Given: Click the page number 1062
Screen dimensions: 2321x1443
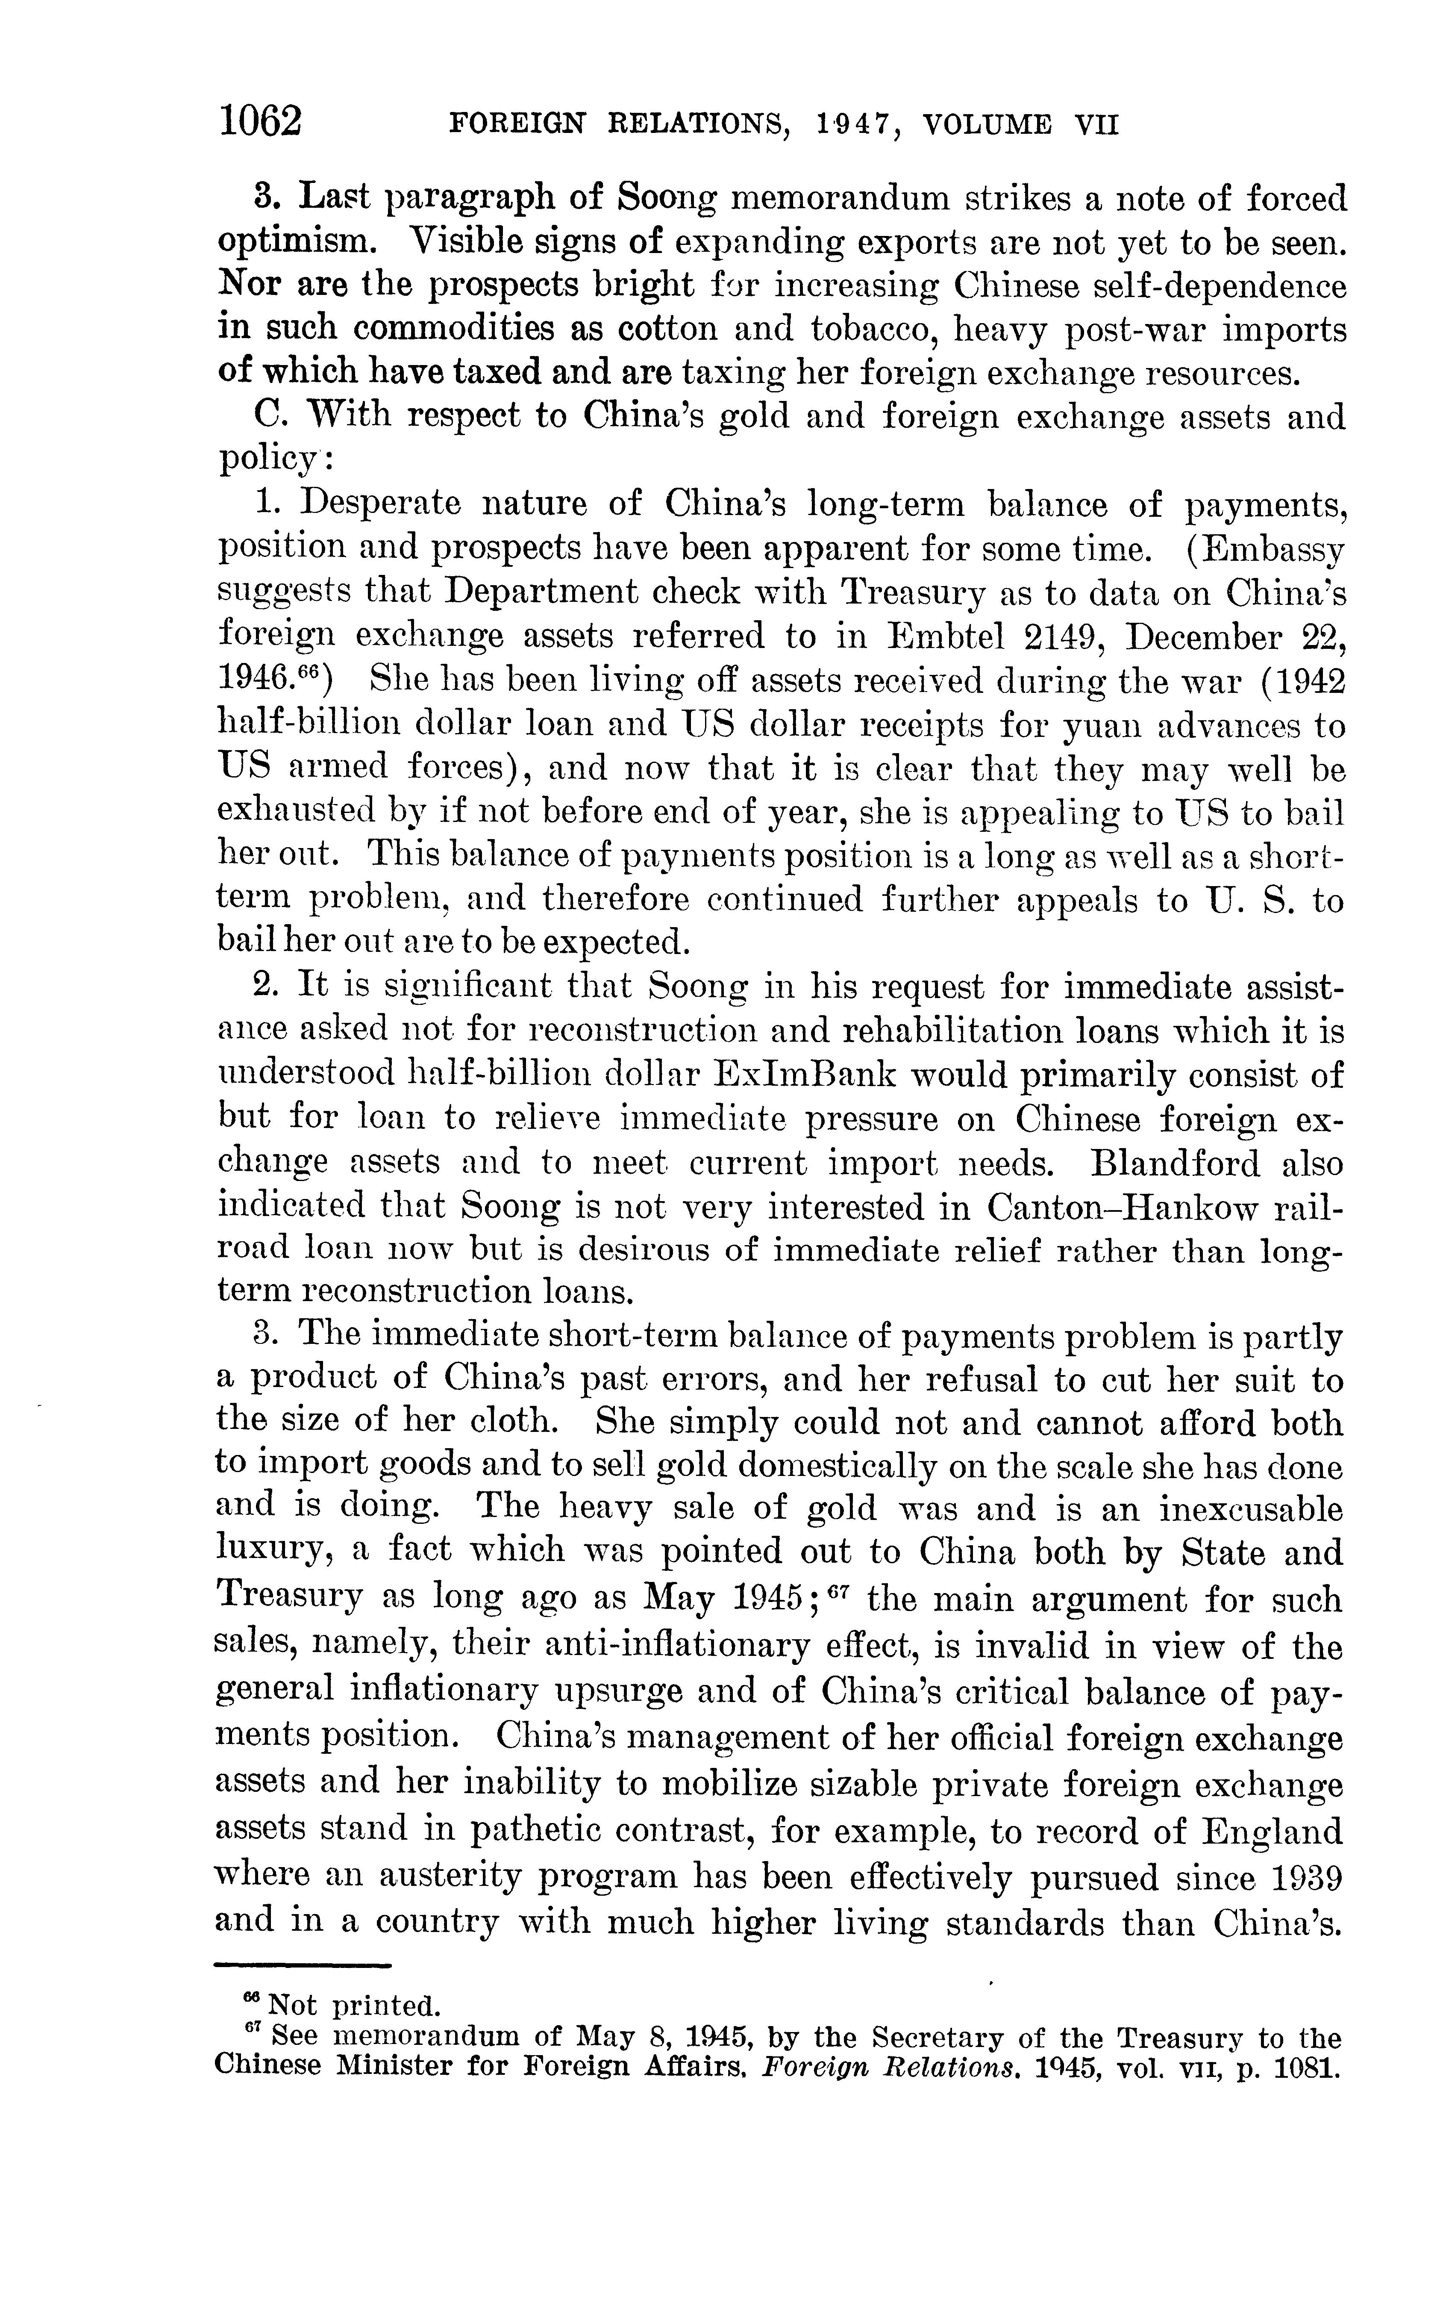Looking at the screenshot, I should tap(260, 122).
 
